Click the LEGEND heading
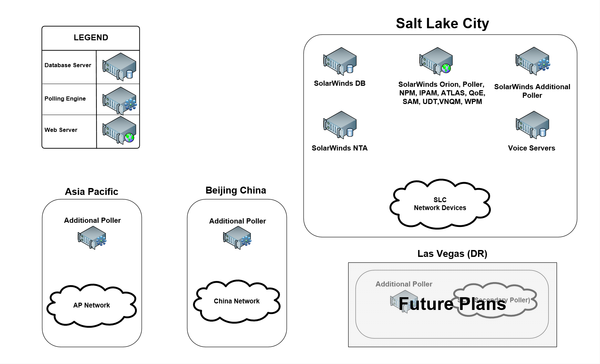coord(91,38)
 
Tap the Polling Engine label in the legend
coord(65,98)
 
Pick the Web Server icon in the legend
coord(119,130)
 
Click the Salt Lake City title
coord(442,23)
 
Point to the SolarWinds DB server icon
coord(340,61)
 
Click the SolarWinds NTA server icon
coord(340,125)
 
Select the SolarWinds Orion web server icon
coord(436,61)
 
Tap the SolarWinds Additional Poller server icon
coord(532,61)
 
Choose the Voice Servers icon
coord(532,125)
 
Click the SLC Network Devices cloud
coord(440,204)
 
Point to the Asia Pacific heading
coord(92,192)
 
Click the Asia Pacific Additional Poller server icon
coord(92,238)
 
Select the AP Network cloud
coord(92,305)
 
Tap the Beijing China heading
coord(236,190)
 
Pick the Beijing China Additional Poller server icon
coord(237,238)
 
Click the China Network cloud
coord(237,301)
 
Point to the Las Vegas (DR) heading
coord(452,254)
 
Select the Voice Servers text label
coord(531,148)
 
